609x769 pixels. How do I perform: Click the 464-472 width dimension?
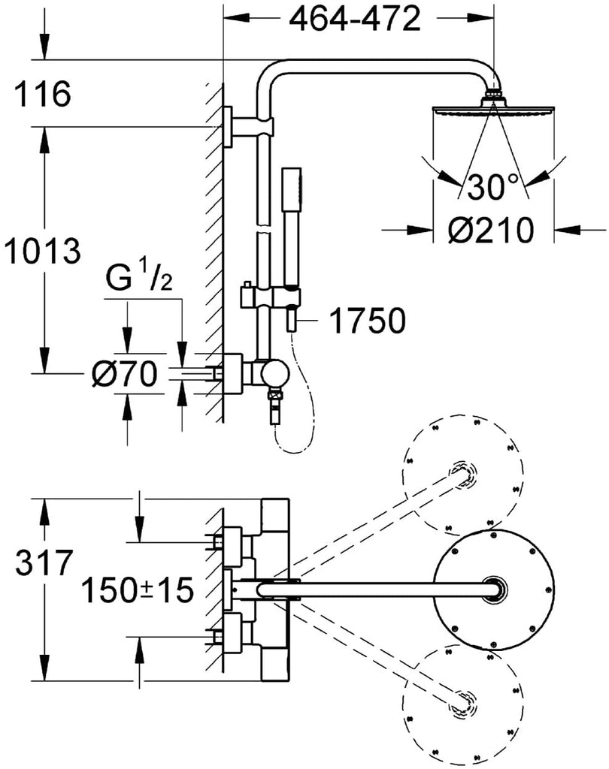355,20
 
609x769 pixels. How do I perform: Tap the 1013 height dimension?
41,251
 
